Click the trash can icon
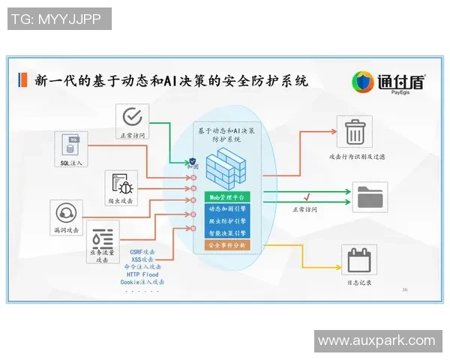[x=354, y=133]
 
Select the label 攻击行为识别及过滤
[x=357, y=157]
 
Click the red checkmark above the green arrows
[x=307, y=196]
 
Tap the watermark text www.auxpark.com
[x=376, y=340]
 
